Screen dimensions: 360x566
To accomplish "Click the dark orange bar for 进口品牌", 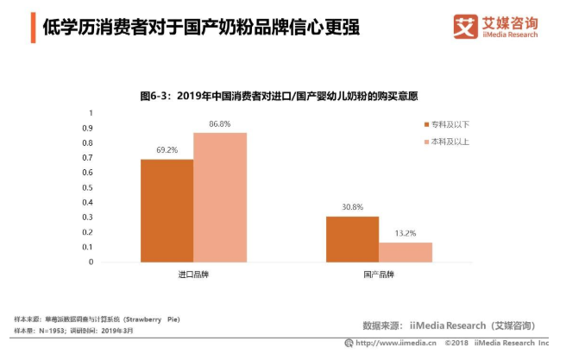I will [x=167, y=210].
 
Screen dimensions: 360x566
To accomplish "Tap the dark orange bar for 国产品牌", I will [x=352, y=238].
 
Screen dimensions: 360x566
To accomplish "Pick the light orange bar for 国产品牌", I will [x=405, y=251].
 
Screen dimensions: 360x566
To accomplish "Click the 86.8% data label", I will [x=220, y=124].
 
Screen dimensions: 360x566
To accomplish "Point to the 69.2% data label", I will [x=167, y=150].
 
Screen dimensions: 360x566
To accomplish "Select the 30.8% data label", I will [x=352, y=207].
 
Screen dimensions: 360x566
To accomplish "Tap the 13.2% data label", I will [x=405, y=233].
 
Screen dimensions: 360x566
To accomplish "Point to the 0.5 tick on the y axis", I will [x=88, y=187].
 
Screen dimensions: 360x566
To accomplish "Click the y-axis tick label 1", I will [x=91, y=113].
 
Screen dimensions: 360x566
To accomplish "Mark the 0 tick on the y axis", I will [x=91, y=262].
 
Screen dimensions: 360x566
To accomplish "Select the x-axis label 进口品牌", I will [x=193, y=274].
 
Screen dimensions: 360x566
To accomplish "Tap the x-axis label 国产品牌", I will [x=378, y=274].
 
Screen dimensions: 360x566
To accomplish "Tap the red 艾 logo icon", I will [x=466, y=26].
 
